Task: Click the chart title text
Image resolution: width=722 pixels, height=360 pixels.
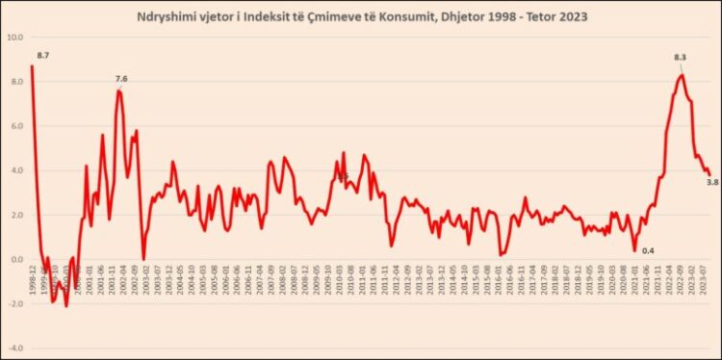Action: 361,15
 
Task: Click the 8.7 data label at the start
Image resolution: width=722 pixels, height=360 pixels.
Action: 42,57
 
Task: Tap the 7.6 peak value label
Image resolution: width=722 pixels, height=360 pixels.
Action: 121,79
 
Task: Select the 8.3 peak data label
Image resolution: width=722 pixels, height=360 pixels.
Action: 682,60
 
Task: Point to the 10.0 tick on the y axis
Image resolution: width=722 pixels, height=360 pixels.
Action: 15,39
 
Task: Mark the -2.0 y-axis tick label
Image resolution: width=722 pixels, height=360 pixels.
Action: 15,304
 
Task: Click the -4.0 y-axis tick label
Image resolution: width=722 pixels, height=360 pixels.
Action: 15,347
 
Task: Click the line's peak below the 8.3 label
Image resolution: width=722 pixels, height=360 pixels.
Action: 682,74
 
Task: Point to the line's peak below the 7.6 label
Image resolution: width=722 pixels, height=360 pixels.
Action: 118,90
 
